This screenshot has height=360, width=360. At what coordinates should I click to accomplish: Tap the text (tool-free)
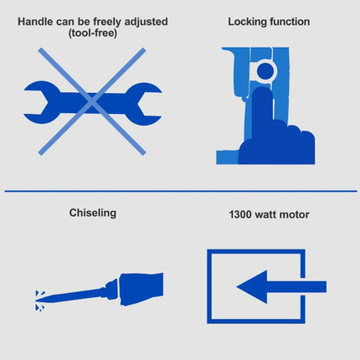(93, 33)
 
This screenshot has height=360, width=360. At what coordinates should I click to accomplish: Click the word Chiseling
(93, 213)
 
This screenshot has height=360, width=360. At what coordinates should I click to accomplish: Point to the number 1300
(240, 214)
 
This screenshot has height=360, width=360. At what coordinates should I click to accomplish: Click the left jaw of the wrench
(42, 102)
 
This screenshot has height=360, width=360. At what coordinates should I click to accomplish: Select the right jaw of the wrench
(144, 104)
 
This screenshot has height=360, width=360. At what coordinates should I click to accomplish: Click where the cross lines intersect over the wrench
(92, 101)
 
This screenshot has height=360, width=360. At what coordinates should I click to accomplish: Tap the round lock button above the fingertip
(265, 71)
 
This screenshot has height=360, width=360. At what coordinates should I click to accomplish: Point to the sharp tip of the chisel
(36, 301)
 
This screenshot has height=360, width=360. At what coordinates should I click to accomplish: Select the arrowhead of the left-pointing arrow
(252, 287)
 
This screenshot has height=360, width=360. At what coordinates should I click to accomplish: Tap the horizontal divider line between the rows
(181, 191)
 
